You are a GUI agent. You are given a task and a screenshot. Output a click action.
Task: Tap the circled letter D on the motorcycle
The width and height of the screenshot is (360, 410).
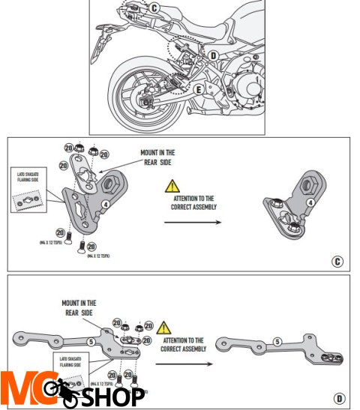[x=213, y=55]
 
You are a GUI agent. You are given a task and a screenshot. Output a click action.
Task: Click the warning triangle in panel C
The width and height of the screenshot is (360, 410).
[x=172, y=184]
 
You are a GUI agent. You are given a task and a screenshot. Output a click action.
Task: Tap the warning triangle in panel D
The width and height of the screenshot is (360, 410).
[x=165, y=328]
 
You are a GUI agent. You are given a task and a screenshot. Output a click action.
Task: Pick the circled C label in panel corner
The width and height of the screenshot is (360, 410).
[x=337, y=262]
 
